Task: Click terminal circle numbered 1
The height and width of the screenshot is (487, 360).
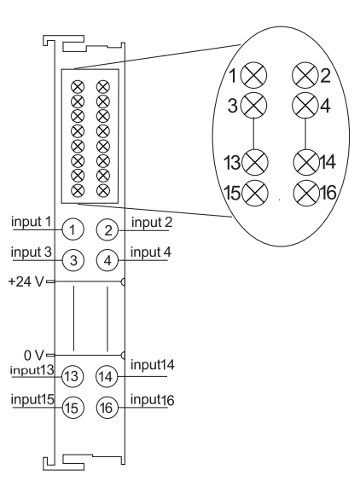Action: (x=73, y=229)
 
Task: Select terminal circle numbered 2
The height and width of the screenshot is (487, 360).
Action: (x=107, y=230)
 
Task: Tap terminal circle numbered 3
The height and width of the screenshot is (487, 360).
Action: (x=73, y=260)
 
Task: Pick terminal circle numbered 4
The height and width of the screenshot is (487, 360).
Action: (x=107, y=260)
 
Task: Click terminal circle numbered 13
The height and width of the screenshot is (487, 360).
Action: (x=73, y=376)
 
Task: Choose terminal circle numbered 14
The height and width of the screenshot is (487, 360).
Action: (x=107, y=376)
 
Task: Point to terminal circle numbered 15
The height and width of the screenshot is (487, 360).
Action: (x=73, y=408)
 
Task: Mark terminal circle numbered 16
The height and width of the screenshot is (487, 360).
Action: (x=107, y=407)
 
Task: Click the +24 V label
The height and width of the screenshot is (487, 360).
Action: (x=26, y=281)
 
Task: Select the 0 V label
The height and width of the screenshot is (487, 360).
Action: (x=34, y=355)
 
